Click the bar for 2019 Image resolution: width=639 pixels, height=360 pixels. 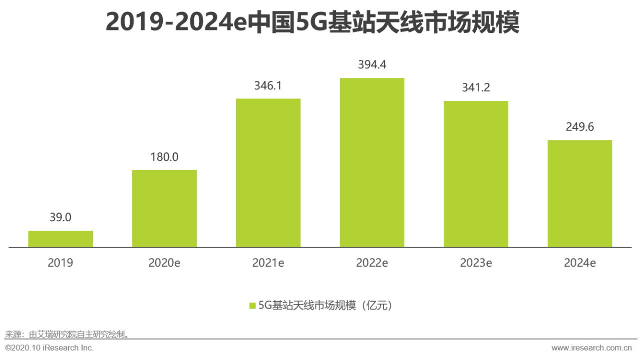[x=60, y=239]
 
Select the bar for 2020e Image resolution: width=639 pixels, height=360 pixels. [x=164, y=209]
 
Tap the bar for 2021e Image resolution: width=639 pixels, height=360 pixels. [x=268, y=173]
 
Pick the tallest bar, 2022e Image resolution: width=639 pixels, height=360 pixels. [x=372, y=163]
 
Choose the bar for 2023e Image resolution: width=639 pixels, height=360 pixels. [x=476, y=174]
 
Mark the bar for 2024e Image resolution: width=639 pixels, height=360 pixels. [x=580, y=194]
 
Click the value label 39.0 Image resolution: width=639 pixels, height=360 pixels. [x=60, y=217]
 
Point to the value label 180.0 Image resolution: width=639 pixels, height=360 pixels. [x=164, y=157]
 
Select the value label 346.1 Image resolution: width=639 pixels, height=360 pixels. [x=268, y=85]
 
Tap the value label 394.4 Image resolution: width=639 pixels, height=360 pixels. [x=372, y=65]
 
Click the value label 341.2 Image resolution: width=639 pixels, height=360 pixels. [x=476, y=88]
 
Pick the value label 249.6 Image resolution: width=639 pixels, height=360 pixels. [x=580, y=127]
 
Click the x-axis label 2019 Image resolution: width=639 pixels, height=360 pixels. [x=60, y=263]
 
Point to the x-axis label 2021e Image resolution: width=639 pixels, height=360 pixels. [x=268, y=263]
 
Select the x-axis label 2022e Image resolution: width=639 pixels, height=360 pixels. [x=372, y=263]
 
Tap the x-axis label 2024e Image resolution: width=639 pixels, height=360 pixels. [x=580, y=263]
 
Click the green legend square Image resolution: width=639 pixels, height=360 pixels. [x=252, y=306]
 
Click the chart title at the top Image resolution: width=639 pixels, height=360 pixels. [x=313, y=22]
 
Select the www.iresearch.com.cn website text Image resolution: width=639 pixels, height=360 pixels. [x=592, y=348]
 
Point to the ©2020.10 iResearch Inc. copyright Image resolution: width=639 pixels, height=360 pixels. [x=49, y=348]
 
